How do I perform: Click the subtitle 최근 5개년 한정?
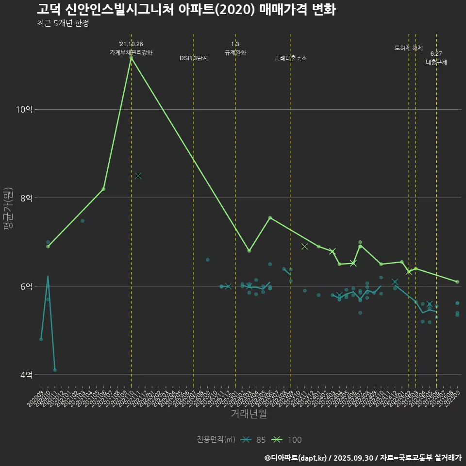63,23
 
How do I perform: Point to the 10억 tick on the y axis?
24,110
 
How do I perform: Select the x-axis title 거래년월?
249,414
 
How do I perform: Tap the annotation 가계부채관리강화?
131,52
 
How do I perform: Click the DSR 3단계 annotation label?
194,58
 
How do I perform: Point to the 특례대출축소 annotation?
291,58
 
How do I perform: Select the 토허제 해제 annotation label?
409,48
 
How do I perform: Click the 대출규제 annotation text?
436,62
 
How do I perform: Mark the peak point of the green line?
131,58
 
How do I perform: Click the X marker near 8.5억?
138,176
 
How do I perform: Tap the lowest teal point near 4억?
55,370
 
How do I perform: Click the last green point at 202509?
457,282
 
